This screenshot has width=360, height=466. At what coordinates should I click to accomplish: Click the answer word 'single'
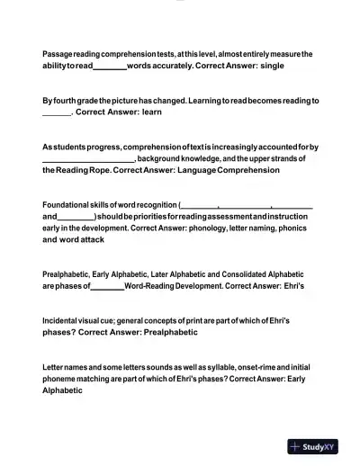(271, 66)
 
